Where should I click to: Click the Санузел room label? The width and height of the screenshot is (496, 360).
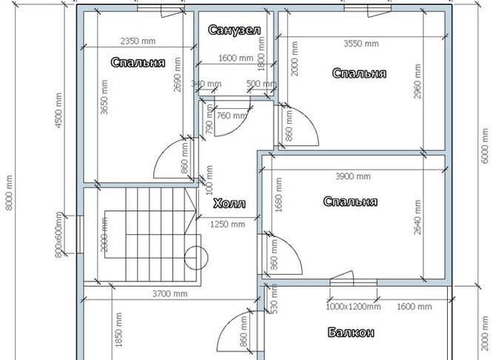(235, 30)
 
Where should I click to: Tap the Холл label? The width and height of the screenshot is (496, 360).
(229, 203)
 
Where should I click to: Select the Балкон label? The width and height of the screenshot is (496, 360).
(351, 333)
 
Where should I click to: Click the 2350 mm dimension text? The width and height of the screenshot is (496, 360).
(138, 41)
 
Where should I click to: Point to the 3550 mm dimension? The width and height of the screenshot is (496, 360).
(361, 44)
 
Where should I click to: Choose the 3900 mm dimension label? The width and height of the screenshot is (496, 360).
(352, 176)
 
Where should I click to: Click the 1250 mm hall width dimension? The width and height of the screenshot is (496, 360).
(227, 224)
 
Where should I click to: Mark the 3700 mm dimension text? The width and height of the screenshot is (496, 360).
(170, 294)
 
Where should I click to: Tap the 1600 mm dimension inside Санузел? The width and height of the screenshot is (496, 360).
(235, 58)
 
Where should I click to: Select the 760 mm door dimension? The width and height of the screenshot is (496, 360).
(232, 116)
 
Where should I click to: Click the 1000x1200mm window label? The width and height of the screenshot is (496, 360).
(353, 307)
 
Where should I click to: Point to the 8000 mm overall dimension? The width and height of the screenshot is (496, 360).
(9, 192)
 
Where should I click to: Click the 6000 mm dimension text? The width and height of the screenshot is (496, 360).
(485, 146)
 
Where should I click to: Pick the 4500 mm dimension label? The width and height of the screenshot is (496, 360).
(58, 110)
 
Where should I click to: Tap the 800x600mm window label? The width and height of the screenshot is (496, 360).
(59, 234)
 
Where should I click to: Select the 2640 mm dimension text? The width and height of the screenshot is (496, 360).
(418, 217)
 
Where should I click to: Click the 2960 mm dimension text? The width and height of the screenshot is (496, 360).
(418, 81)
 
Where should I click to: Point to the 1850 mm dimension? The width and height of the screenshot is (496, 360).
(119, 330)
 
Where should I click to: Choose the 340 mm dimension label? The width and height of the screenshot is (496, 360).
(207, 84)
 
